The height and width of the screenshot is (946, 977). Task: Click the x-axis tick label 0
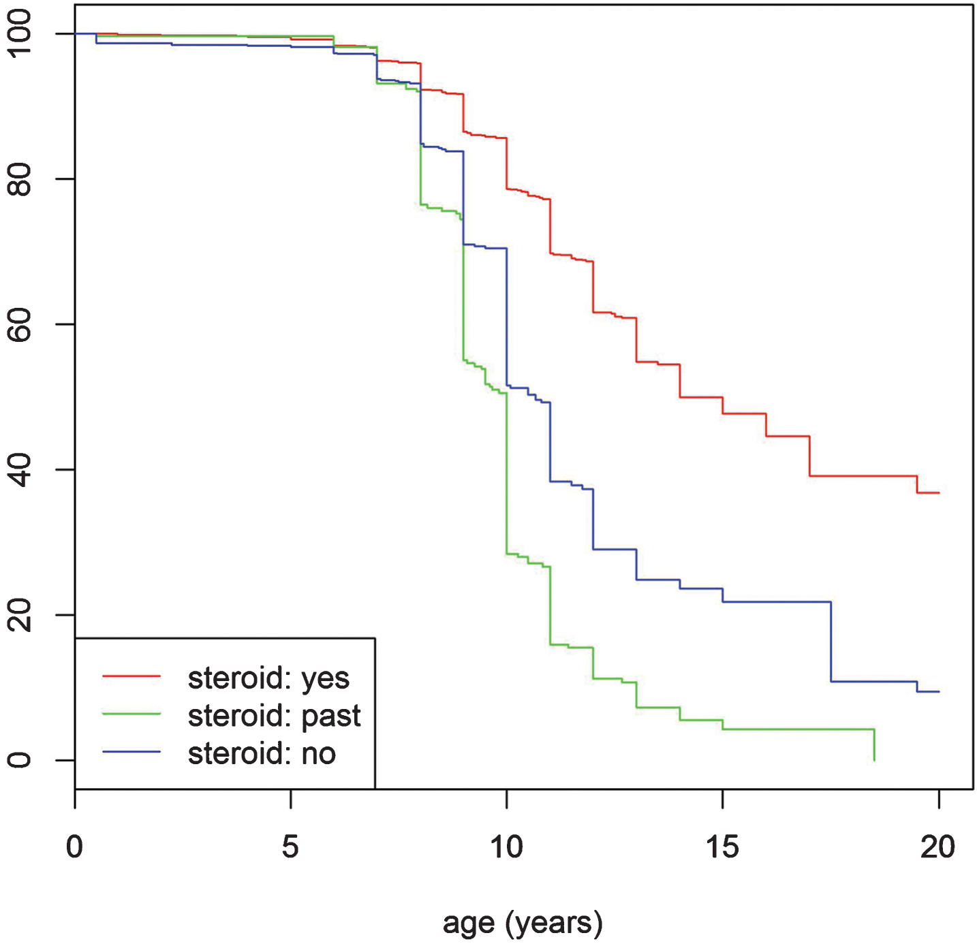(74, 848)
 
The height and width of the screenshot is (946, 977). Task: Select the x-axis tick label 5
(290, 848)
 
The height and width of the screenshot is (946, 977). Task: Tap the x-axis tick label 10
(507, 848)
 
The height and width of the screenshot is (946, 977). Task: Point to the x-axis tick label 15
(722, 848)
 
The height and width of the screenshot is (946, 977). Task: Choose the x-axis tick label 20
(938, 848)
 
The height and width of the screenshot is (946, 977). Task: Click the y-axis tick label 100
(19, 33)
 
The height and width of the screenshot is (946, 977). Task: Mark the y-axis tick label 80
(19, 179)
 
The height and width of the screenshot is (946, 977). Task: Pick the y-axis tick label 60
(19, 324)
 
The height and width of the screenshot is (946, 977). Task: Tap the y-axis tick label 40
(19, 470)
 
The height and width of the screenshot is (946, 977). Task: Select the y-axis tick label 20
(19, 615)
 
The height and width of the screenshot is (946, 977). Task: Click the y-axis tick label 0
(19, 760)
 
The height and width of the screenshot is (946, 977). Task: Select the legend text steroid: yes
(268, 679)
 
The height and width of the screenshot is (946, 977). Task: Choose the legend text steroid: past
(274, 716)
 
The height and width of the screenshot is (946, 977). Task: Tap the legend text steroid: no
(262, 753)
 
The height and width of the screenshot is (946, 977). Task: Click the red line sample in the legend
(131, 676)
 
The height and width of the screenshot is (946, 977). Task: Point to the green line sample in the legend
(131, 714)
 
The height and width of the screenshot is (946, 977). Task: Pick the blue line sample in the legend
(131, 751)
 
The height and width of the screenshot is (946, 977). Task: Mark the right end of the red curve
(939, 493)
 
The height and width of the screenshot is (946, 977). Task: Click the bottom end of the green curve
(875, 760)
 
